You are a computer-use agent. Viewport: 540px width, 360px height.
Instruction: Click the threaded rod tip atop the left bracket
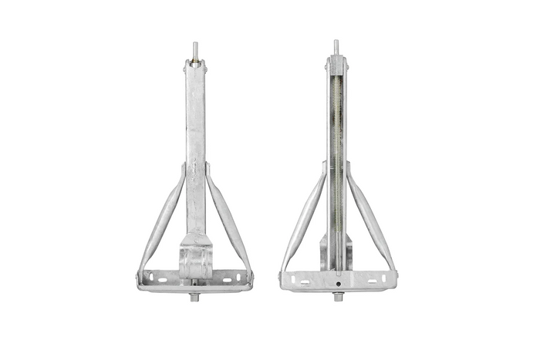(194, 46)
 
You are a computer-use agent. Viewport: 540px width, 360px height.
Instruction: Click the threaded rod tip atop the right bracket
(336, 45)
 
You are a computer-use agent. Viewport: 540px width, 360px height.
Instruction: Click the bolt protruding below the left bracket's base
(195, 298)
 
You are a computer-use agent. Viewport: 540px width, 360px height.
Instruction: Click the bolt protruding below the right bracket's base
(336, 298)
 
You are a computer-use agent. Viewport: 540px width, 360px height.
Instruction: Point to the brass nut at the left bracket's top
(194, 58)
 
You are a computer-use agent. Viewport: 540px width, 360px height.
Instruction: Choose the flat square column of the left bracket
(194, 139)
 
